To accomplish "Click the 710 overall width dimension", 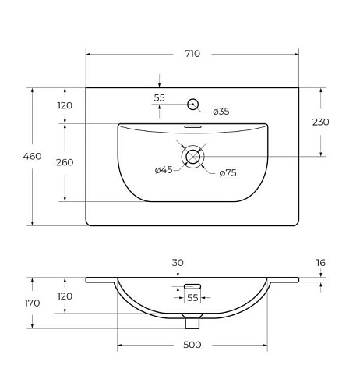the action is tap(192, 54).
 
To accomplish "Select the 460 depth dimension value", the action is tap(32, 156).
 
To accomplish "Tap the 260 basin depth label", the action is tap(65, 162).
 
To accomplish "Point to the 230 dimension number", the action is tap(321, 122).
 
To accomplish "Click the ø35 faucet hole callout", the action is tap(221, 112).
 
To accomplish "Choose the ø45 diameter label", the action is tap(164, 170).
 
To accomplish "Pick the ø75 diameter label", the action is tap(228, 173).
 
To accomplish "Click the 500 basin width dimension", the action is tap(192, 345).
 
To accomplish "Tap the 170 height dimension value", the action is tap(32, 303).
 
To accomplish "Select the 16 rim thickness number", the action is tap(321, 263).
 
